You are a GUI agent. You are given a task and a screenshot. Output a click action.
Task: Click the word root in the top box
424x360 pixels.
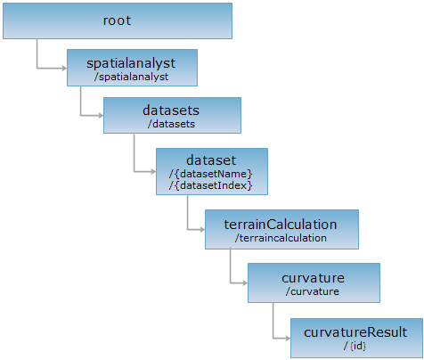(x=117, y=20)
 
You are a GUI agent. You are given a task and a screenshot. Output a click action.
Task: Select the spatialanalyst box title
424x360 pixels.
(x=131, y=63)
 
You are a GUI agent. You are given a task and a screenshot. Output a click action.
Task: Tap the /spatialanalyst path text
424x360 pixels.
(x=131, y=77)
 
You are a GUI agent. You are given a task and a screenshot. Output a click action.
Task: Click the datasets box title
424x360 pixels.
(x=171, y=110)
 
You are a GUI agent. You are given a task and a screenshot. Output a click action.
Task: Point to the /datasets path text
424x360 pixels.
(x=171, y=124)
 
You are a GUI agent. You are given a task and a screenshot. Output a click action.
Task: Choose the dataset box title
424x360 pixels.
(x=211, y=160)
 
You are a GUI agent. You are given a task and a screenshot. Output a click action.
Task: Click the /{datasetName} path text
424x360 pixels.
(x=211, y=174)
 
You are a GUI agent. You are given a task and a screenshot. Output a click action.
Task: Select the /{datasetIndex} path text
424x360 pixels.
(x=211, y=185)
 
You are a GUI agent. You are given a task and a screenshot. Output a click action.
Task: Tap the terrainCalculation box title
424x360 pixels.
(x=281, y=225)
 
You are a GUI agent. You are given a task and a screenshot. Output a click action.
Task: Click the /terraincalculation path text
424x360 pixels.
(x=281, y=238)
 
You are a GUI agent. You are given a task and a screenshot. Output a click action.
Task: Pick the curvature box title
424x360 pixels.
(x=313, y=278)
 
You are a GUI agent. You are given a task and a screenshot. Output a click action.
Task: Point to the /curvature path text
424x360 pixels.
(x=313, y=291)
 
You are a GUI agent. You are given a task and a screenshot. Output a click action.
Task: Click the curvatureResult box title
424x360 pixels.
(x=355, y=332)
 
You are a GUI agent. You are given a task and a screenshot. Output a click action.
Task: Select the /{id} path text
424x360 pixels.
(x=355, y=346)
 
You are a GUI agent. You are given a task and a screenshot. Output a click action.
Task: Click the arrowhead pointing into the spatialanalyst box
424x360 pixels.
(x=64, y=69)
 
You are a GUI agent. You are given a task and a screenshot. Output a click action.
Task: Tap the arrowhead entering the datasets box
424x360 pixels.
(x=101, y=115)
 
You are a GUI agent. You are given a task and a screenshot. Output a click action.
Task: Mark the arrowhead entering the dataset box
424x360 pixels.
(x=153, y=171)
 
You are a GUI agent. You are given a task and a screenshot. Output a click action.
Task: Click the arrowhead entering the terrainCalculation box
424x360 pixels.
(x=202, y=229)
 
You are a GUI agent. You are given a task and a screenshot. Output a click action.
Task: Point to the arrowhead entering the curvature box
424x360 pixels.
(x=245, y=283)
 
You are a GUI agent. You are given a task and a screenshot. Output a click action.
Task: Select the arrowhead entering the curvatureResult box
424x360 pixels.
(x=288, y=338)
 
